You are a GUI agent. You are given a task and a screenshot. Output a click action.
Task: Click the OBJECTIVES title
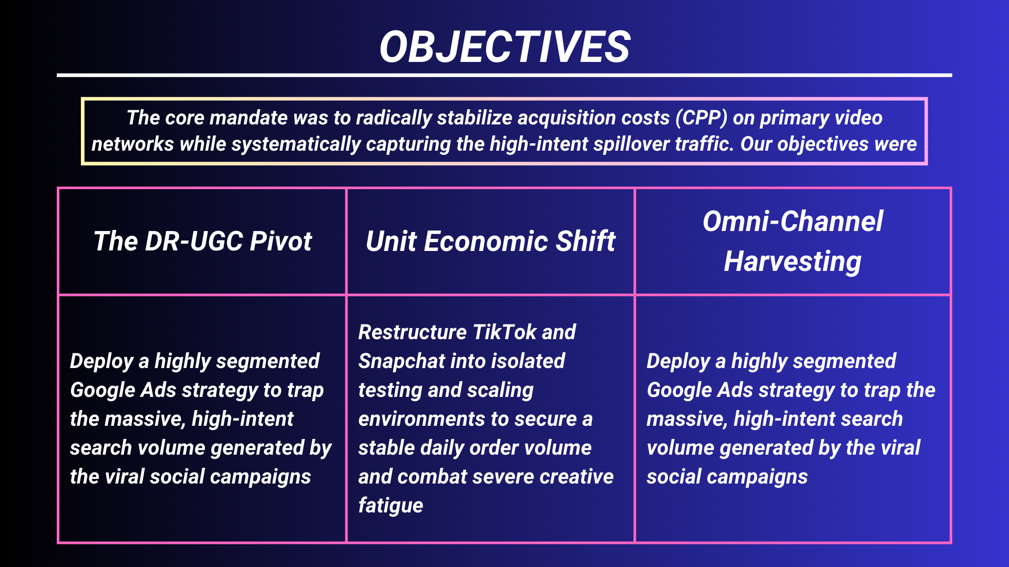coord(504,47)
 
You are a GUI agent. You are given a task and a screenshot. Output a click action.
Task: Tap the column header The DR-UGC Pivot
coord(202,241)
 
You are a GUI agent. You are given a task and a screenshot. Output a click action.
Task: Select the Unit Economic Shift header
coord(490,241)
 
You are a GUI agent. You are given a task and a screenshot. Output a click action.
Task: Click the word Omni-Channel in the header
coord(792,222)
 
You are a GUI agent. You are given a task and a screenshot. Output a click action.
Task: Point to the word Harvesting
coord(792,261)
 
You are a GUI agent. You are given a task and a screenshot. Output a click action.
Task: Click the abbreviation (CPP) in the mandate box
coord(701,118)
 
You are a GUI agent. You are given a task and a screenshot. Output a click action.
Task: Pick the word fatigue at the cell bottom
coord(390,506)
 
